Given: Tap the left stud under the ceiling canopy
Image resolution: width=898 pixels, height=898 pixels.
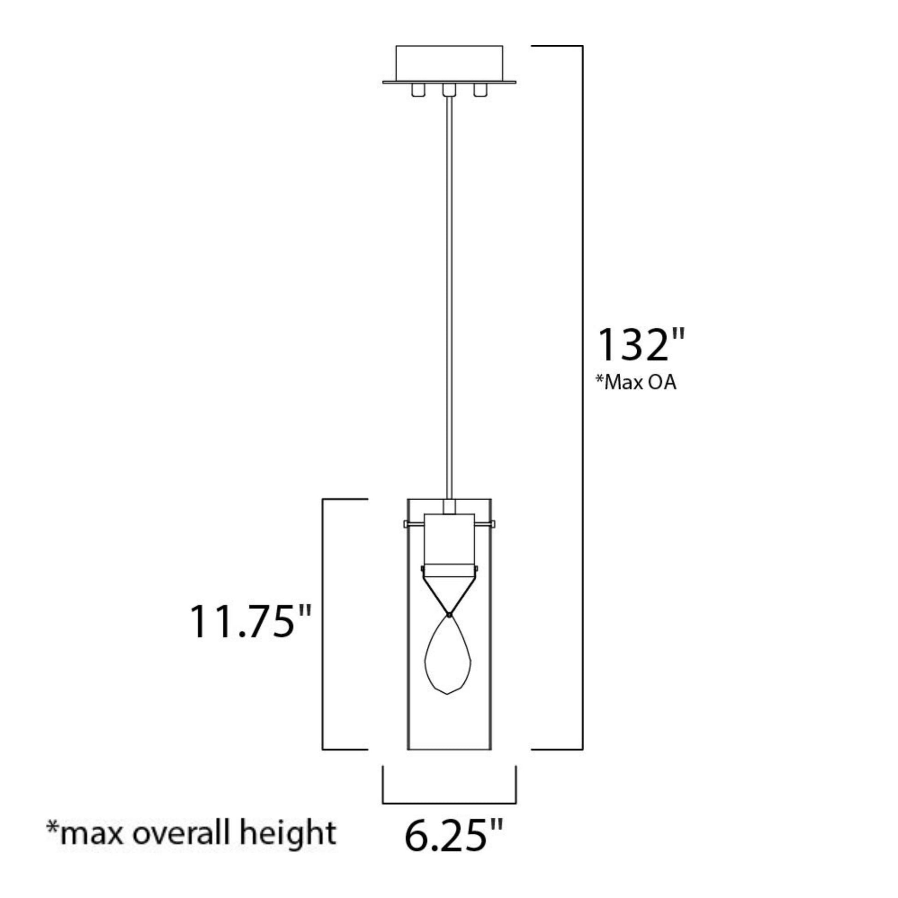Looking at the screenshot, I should pyautogui.click(x=417, y=90).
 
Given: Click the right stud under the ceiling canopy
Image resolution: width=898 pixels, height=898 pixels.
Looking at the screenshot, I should pyautogui.click(x=480, y=90).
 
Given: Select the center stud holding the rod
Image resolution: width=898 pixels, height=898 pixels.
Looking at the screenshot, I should pyautogui.click(x=449, y=90).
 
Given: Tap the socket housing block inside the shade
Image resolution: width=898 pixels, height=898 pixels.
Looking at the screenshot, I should pyautogui.click(x=449, y=539).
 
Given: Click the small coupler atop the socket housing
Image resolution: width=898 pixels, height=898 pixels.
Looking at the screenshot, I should pyautogui.click(x=449, y=507).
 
